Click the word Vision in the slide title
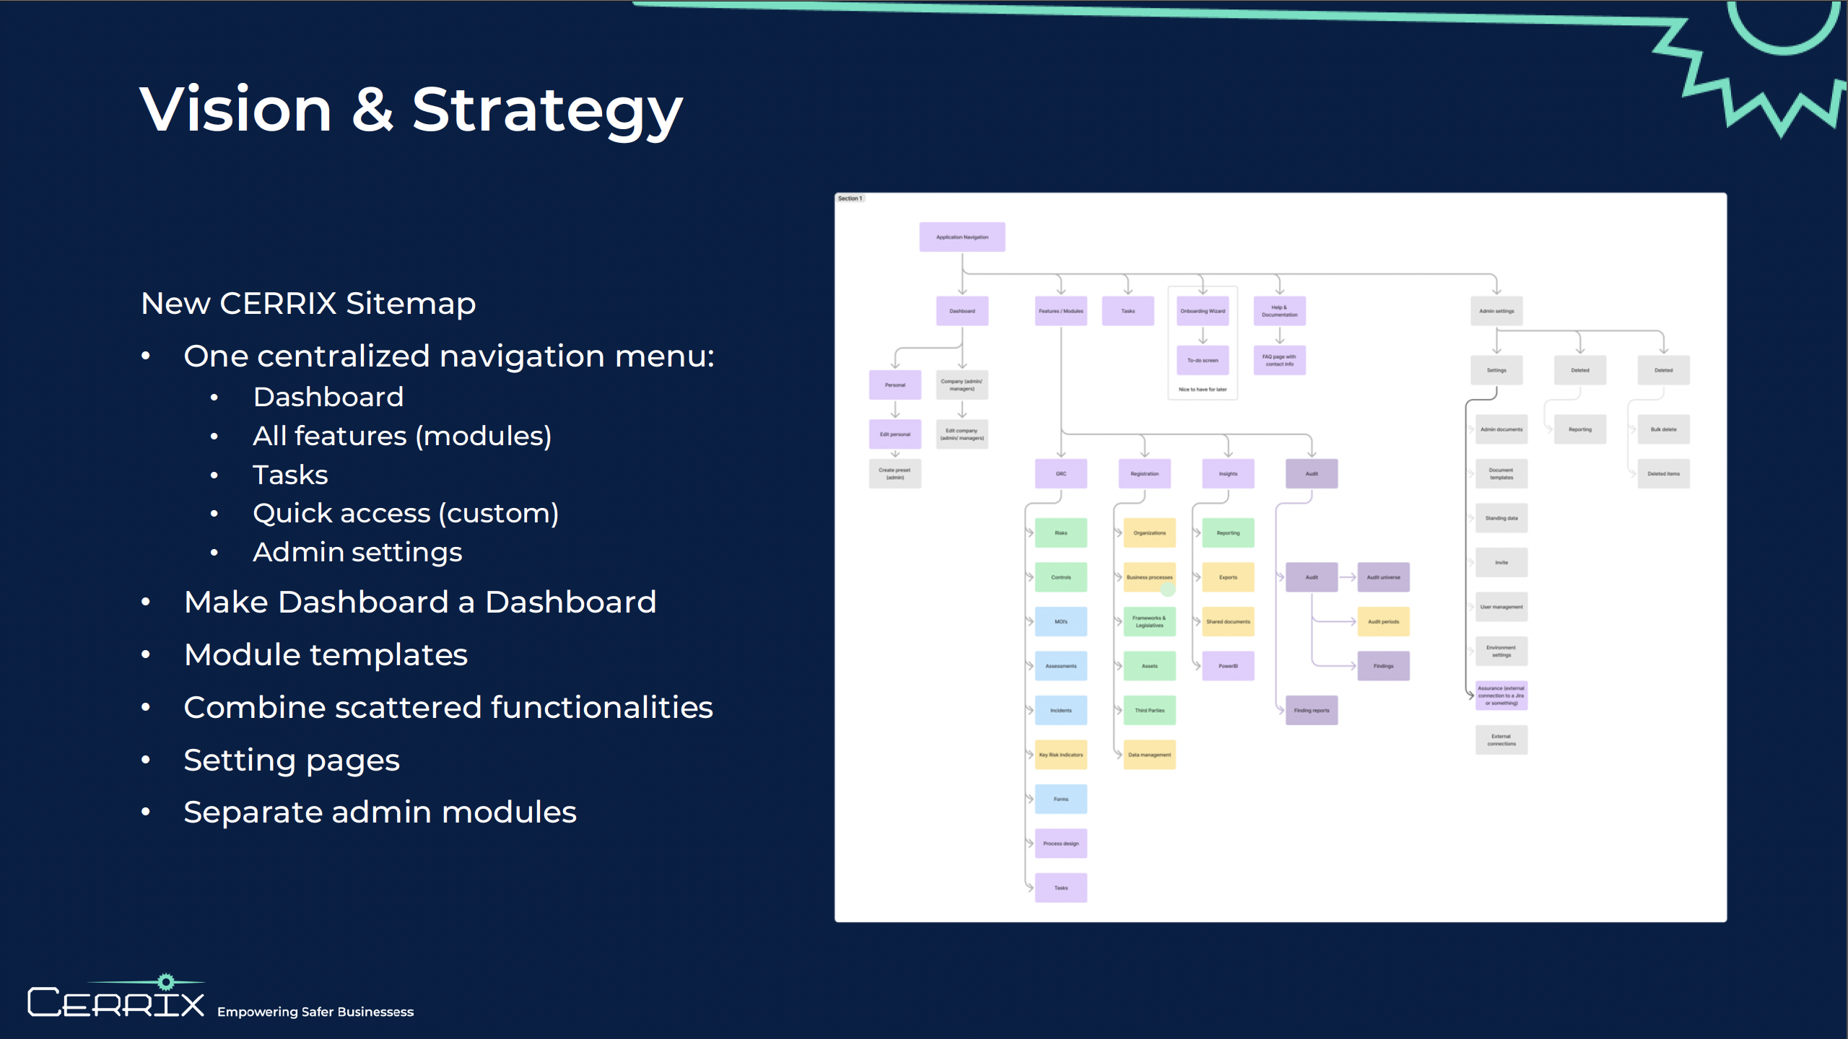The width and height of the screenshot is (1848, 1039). point(235,110)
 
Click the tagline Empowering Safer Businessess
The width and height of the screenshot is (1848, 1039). point(315,1012)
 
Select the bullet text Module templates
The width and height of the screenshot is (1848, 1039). point(326,655)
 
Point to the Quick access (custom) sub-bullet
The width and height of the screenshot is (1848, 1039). point(406,514)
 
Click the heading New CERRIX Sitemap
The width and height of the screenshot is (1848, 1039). point(308,304)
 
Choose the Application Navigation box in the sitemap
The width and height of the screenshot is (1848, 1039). point(962,237)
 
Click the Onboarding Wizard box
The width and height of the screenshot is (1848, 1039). point(1202,311)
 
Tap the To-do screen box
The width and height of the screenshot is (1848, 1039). point(1202,360)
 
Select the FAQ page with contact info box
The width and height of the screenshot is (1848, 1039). point(1279,360)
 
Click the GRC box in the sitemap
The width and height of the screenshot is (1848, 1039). point(1060,474)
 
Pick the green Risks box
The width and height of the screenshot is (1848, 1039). point(1060,533)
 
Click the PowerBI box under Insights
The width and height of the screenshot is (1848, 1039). point(1228,666)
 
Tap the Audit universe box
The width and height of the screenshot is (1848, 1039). point(1383,577)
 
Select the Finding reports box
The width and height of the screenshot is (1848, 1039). point(1311,711)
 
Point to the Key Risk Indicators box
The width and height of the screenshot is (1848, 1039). point(1060,755)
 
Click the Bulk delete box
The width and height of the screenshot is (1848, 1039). point(1663,429)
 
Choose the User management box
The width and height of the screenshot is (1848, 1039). point(1501,607)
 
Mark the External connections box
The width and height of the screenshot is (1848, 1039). point(1501,740)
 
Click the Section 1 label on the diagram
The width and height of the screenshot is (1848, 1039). point(850,198)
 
